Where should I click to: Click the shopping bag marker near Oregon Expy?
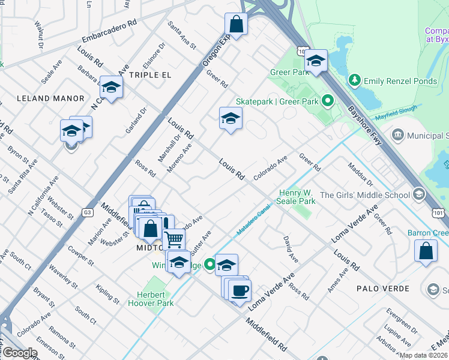tap(237, 25)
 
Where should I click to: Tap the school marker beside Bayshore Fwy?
tap(316, 60)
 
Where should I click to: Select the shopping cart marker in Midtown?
tap(173, 240)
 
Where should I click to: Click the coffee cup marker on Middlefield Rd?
tap(240, 291)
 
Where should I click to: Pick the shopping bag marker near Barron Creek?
tap(426, 251)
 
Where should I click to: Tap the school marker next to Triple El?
tap(111, 88)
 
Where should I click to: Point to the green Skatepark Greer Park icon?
tap(328, 101)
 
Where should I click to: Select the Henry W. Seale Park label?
tap(297, 197)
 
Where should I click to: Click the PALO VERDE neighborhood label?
tap(383, 289)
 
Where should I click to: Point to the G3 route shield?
tap(88, 212)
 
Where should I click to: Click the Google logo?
tap(20, 353)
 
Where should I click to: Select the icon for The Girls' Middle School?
tap(418, 194)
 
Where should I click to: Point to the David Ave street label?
tap(291, 249)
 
